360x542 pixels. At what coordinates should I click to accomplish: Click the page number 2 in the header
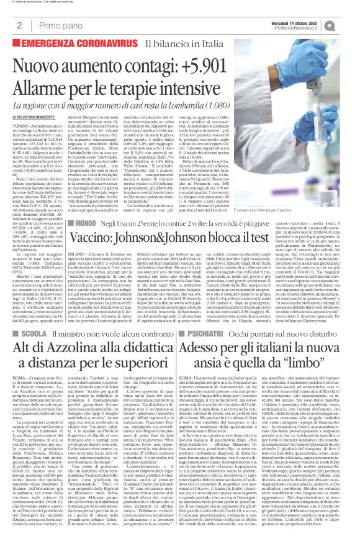tap(20, 25)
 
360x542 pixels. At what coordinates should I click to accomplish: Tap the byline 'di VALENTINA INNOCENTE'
tap(36, 116)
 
